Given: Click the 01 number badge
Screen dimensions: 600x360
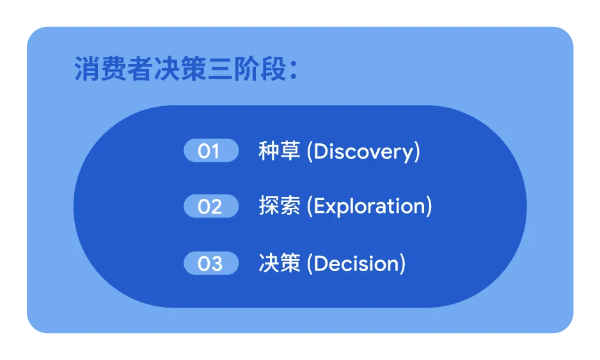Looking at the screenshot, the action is point(211,150).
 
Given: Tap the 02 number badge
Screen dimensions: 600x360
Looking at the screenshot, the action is point(211,206).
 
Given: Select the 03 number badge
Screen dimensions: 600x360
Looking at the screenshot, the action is point(211,263).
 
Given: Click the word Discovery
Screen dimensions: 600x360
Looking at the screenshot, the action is point(364,152).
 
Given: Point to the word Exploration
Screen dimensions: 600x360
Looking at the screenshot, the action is point(370,207).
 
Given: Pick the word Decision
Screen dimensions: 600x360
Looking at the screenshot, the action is point(357,263).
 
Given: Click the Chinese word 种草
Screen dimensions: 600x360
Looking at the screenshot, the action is point(280,151).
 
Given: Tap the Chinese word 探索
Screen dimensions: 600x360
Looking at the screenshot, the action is point(280,206).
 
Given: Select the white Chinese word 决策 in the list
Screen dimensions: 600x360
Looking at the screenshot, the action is point(280,263).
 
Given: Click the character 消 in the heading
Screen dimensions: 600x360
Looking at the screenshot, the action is point(87,69).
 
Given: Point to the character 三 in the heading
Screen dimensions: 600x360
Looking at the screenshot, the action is point(221,69).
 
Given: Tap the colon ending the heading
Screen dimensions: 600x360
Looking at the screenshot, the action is point(294,70).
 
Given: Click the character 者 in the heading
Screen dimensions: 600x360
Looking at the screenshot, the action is point(140,69).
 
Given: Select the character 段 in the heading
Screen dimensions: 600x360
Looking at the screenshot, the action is point(274,69).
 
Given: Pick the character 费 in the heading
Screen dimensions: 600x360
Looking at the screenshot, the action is point(114,69).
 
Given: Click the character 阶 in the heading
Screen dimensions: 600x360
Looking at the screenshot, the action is point(247,69).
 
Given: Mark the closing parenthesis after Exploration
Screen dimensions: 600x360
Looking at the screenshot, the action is point(429,207).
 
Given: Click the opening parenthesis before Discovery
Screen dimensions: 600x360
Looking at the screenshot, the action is point(310,152).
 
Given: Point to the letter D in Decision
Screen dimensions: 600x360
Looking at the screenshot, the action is point(320,263).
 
